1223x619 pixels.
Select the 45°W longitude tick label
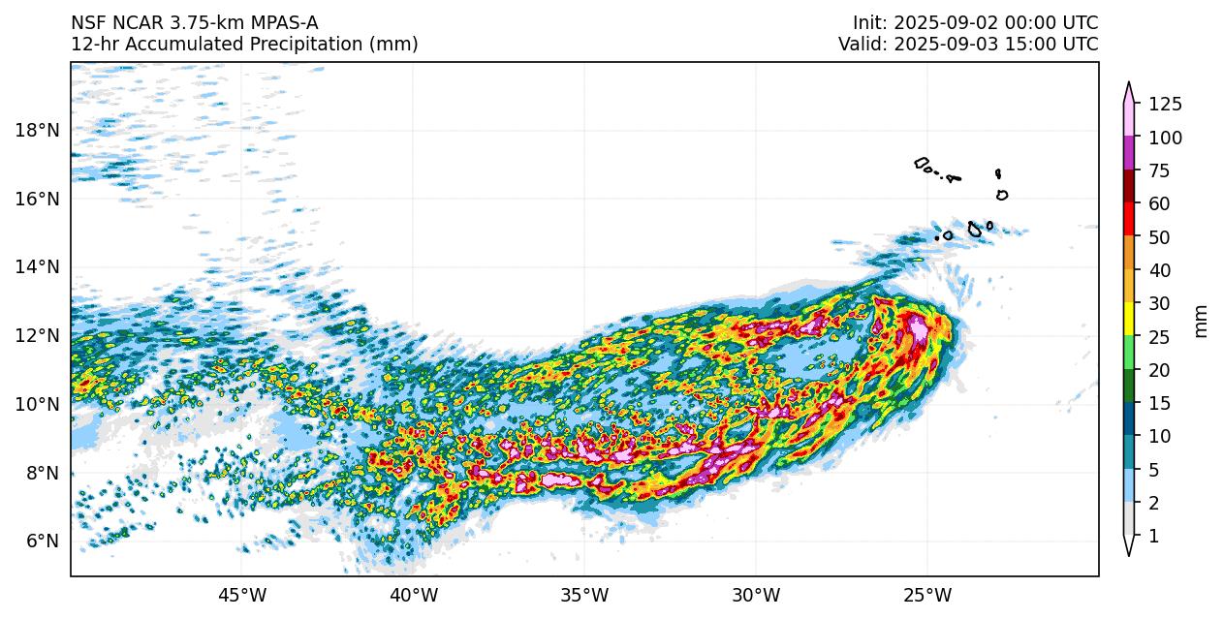tap(242, 593)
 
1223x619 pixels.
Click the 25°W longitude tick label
tap(927, 593)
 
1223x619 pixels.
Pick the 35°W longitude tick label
tap(584, 593)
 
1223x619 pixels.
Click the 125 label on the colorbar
tap(1165, 105)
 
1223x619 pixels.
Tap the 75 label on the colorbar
tap(1160, 171)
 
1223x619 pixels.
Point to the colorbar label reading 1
tap(1153, 536)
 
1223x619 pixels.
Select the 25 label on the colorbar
tap(1160, 337)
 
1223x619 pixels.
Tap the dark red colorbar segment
tap(1129, 187)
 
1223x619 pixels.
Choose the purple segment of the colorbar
tap(1129, 154)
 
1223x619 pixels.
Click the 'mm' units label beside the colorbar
tap(1202, 321)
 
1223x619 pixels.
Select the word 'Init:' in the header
tap(870, 23)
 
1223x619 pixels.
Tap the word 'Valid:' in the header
tap(862, 45)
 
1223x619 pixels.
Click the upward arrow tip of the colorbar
tap(1129, 85)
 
